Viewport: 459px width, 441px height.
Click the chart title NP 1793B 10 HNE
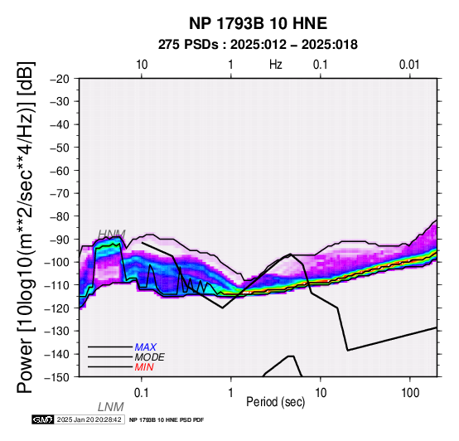coord(258,23)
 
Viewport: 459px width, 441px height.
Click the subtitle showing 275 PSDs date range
coord(258,45)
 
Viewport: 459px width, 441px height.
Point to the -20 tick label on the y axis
coord(60,79)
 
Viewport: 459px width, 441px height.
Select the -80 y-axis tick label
coord(60,216)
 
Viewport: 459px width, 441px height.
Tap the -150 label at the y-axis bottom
coord(57,377)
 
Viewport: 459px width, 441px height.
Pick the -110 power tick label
coord(57,285)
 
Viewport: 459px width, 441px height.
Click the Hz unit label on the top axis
coord(275,65)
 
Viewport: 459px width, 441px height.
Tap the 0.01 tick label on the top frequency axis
coord(409,65)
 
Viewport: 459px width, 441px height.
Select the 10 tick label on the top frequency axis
coord(142,65)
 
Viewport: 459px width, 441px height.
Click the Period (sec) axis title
coord(275,402)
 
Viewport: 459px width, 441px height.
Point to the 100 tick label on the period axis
coord(410,393)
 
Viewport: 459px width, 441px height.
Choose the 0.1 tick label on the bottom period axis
coord(142,393)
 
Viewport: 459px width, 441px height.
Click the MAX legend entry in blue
coord(146,347)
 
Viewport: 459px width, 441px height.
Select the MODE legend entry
coord(150,357)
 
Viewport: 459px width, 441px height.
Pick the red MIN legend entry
coord(144,367)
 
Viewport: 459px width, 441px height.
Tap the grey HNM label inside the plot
coord(112,234)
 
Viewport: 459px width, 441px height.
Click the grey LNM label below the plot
coord(111,407)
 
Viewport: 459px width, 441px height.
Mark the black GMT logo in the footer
coord(43,419)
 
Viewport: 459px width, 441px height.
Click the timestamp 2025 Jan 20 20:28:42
coord(89,419)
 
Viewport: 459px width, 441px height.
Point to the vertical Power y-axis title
coord(26,227)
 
